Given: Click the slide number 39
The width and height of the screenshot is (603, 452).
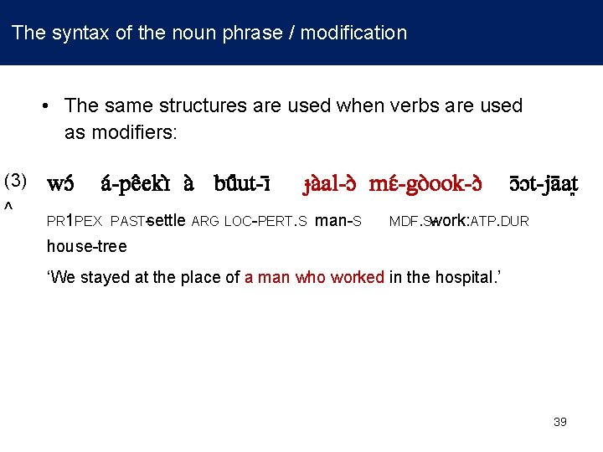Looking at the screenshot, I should click(x=560, y=422).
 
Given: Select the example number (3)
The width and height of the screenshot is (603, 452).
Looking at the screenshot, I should click(x=16, y=181).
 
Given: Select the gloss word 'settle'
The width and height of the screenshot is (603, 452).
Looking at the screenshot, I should click(x=166, y=221).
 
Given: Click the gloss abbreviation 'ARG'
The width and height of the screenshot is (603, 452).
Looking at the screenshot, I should click(x=205, y=222).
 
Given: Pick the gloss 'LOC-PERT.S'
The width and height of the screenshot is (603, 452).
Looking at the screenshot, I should click(x=265, y=222).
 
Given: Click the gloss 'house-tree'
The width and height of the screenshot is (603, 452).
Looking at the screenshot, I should click(x=86, y=246).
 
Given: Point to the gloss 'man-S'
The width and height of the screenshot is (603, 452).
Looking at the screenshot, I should click(x=338, y=221).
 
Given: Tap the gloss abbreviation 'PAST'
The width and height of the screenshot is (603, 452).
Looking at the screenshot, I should click(x=126, y=222).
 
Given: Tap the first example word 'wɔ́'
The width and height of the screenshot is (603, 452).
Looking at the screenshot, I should click(x=60, y=182).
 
